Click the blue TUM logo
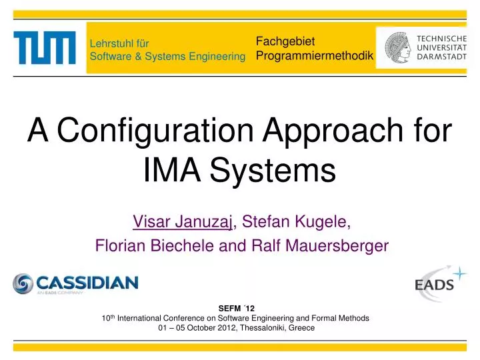44,48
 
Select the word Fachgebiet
276,42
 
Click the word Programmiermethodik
315,56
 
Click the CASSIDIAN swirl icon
23,283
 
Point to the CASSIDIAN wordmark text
87,282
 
